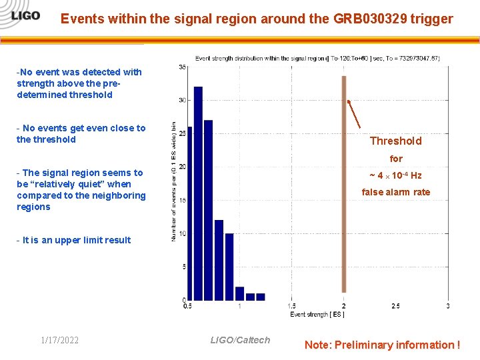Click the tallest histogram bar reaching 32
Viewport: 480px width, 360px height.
click(x=198, y=193)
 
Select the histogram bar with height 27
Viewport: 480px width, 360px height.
click(x=208, y=210)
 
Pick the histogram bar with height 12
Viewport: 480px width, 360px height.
click(x=219, y=260)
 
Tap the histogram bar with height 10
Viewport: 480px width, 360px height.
click(x=229, y=267)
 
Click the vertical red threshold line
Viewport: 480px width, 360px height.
click(x=344, y=187)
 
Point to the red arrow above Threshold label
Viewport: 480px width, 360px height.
click(x=354, y=114)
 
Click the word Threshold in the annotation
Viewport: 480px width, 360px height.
click(x=395, y=141)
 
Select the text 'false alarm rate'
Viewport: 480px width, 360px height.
click(x=395, y=192)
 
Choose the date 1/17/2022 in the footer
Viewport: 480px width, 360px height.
click(x=59, y=341)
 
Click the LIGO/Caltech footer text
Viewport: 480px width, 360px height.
click(x=240, y=340)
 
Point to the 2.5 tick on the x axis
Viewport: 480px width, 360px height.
click(x=395, y=306)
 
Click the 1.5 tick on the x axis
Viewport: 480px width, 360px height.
click(x=291, y=306)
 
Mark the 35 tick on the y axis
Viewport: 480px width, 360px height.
click(x=182, y=67)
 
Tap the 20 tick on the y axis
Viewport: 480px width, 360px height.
click(x=182, y=167)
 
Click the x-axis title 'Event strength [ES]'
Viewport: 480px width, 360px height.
click(x=317, y=314)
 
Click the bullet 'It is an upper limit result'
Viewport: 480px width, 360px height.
click(x=74, y=240)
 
